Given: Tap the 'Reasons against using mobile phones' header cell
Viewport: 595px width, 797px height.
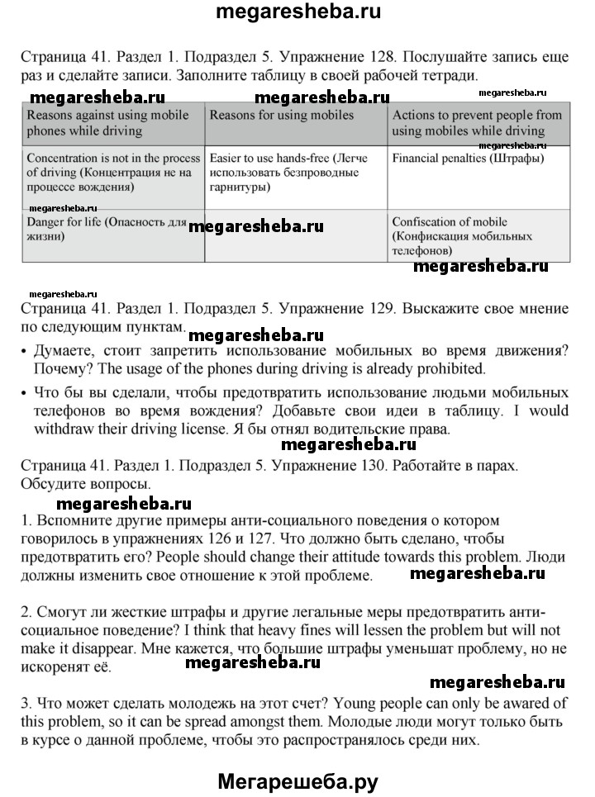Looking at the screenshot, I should pos(108,123).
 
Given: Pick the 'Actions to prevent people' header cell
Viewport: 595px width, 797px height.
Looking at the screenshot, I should pos(477,123).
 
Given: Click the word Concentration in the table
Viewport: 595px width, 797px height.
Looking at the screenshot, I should pos(64,157).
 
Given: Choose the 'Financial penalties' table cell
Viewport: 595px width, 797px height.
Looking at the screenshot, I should pos(468,157).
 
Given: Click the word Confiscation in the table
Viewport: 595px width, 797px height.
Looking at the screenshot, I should pos(426,222).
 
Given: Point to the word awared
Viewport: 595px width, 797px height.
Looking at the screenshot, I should pos(521,703).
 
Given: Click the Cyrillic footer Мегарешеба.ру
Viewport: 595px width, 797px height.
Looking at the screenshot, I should pos(297,779).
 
